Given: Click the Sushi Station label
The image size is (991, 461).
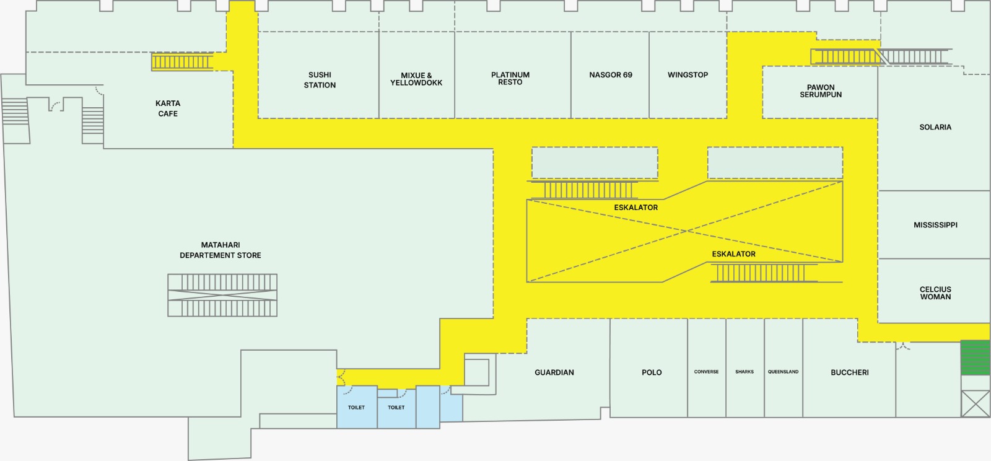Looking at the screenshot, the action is pos(320,80).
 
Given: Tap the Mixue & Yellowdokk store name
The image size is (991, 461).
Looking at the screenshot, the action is pos(416,79).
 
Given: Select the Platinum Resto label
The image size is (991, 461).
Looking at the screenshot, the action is pos(510,78).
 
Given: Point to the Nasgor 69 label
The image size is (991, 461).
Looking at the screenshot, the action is pos(611,75).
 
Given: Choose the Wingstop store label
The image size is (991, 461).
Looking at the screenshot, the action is pos(688,75).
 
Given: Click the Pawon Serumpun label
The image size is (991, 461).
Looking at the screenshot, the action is pos(821,90).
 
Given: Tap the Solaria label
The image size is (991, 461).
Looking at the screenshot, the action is pos(935,127).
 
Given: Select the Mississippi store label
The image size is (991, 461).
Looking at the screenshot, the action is pos(935,225).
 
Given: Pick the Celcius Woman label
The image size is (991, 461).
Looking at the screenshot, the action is pos(935,293).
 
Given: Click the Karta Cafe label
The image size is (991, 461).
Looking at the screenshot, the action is pos(168,108).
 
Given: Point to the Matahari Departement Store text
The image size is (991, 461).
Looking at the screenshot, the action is pos(220,250).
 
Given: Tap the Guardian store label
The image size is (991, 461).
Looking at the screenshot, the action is pos(554,372).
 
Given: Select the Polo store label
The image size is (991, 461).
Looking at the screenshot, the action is pos(652,372).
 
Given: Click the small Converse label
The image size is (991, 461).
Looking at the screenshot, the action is pos(706,372).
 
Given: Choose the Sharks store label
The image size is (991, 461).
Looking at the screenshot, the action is pos(744,372).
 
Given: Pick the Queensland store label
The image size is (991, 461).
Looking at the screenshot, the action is pos(783,372).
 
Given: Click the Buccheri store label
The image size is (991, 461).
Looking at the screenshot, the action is pos(849,372).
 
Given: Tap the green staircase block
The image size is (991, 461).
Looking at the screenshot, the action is pos(975,358).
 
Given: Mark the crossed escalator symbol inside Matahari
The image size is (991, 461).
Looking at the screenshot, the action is pos(222,295).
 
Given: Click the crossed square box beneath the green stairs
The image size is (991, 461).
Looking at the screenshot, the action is pos(975,403).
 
